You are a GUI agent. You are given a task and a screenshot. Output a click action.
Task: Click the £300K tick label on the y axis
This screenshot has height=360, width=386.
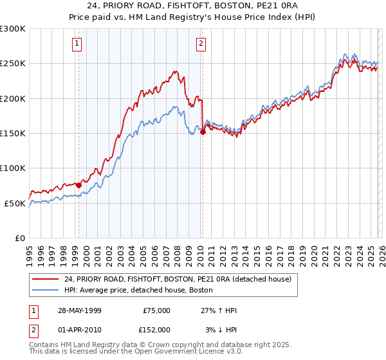click(x=13, y=29)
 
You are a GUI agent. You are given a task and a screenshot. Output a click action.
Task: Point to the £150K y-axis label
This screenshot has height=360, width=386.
click(x=13, y=133)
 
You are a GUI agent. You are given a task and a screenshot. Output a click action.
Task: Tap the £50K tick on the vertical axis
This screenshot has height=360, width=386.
click(x=15, y=203)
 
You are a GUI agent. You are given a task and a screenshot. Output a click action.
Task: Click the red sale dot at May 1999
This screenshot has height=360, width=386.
click(x=78, y=185)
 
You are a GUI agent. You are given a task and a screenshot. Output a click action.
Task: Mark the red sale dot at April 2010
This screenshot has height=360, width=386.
click(x=203, y=132)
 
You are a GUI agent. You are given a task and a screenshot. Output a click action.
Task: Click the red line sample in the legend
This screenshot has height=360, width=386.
click(x=44, y=279)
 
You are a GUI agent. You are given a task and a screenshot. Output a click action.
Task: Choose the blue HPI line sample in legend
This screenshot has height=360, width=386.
click(x=44, y=290)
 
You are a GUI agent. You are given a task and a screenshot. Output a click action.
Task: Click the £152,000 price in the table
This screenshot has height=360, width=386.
click(x=156, y=329)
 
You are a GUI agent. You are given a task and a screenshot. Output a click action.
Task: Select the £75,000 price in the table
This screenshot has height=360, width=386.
click(x=156, y=310)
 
